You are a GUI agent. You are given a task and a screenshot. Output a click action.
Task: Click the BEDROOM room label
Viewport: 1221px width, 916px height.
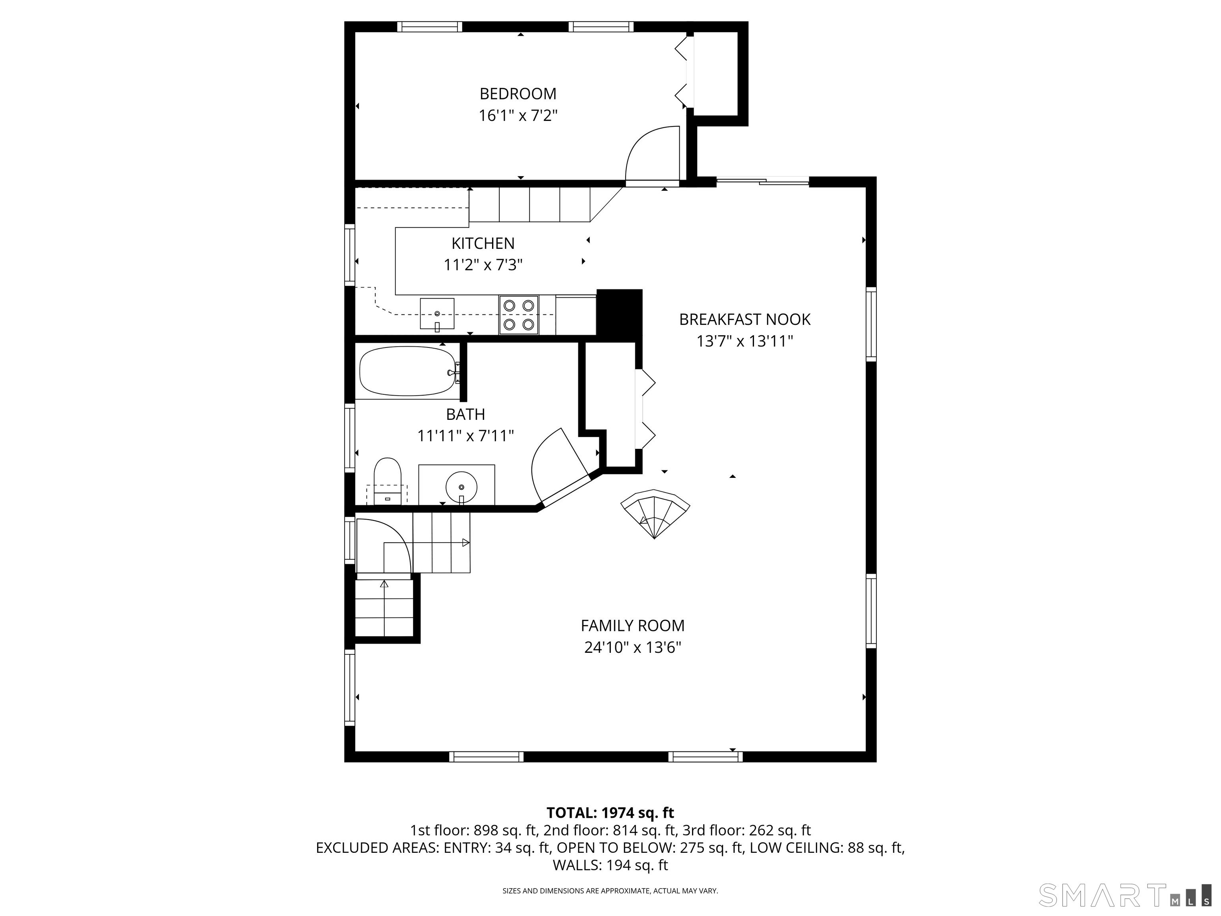518,93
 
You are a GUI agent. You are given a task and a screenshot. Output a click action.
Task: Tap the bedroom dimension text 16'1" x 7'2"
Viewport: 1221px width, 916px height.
518,115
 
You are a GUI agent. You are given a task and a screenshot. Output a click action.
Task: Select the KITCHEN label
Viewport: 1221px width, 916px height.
483,243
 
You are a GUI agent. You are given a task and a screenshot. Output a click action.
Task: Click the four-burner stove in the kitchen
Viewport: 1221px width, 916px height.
519,315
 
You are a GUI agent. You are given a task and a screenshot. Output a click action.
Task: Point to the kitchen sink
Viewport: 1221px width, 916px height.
437,314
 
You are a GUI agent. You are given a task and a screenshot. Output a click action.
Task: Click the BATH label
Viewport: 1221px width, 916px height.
465,414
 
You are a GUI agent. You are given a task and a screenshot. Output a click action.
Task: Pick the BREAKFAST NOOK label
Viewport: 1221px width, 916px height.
744,319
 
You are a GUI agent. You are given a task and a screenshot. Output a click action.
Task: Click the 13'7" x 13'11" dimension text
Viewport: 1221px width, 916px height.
744,341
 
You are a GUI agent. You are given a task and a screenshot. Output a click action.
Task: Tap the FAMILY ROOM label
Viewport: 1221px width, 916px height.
633,625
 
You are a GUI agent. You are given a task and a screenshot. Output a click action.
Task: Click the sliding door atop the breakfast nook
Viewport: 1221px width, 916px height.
762,180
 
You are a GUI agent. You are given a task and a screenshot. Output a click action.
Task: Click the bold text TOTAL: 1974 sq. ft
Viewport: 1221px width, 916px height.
610,813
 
